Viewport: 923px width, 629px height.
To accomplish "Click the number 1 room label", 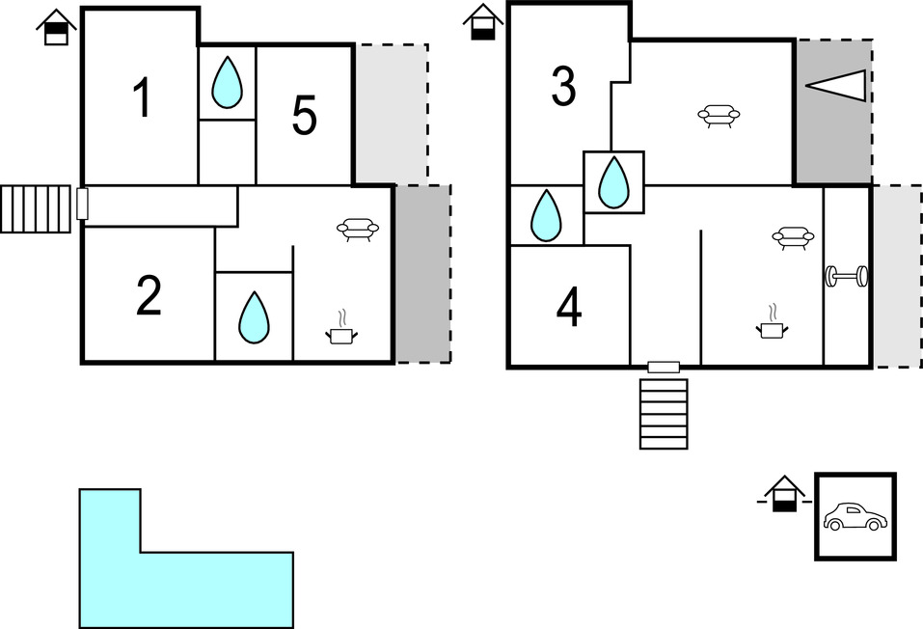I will (x=143, y=98).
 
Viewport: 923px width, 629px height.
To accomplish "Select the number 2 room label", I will (x=149, y=297).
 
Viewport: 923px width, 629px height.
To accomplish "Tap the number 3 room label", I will (x=563, y=87).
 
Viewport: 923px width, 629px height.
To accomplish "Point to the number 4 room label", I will (x=569, y=308).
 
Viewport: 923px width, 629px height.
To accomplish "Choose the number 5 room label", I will (x=304, y=117).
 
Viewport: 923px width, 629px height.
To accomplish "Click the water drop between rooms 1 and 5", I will (x=227, y=83).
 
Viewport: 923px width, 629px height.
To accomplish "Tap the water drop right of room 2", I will (x=254, y=316).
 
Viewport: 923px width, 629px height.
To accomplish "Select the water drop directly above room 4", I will (x=546, y=215).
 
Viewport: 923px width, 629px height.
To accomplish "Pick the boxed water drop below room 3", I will (x=613, y=182).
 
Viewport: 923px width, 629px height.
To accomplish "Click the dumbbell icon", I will (x=847, y=277).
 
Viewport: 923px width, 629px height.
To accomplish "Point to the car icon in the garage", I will (x=855, y=517).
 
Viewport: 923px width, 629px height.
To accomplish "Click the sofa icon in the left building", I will (x=357, y=230).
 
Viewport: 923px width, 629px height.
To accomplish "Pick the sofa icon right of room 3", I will (x=719, y=117).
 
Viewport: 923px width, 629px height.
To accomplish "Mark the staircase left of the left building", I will (x=36, y=209).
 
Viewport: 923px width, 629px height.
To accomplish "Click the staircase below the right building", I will (x=664, y=414).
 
